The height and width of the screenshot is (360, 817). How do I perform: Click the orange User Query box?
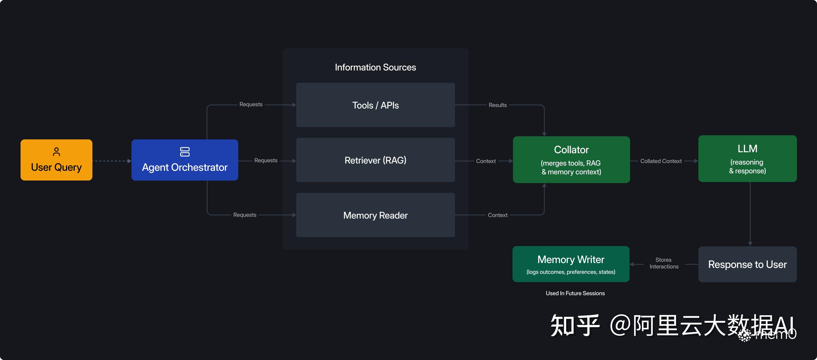click(56, 160)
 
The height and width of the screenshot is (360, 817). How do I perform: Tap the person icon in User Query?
click(56, 151)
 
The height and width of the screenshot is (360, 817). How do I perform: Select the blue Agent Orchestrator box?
click(185, 160)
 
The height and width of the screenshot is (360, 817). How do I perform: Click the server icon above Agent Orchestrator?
click(185, 151)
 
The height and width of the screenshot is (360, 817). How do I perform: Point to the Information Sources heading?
click(375, 67)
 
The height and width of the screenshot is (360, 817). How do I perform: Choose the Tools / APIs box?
click(375, 105)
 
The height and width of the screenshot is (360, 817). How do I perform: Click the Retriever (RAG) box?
click(375, 160)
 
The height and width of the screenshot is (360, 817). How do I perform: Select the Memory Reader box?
click(375, 215)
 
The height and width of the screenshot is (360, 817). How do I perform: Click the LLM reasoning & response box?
click(747, 159)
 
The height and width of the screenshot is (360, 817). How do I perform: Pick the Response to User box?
click(747, 264)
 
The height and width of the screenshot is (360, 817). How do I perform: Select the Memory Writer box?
click(571, 264)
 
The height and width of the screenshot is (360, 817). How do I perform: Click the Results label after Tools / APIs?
click(497, 105)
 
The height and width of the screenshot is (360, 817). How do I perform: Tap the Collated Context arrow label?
click(661, 161)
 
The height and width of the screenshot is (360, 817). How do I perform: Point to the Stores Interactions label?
click(663, 263)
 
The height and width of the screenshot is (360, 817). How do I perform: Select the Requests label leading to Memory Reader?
click(244, 215)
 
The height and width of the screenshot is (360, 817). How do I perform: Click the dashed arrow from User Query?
click(111, 161)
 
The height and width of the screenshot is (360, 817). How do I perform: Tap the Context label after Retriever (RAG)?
click(486, 161)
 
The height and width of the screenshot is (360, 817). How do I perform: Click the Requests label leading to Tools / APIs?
click(251, 104)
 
